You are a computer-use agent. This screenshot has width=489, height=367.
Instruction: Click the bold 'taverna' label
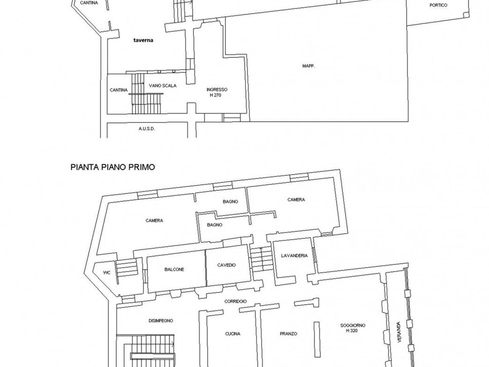click(x=143, y=40)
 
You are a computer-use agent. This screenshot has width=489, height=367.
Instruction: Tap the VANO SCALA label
click(x=163, y=86)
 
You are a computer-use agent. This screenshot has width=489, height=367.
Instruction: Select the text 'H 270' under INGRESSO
click(x=215, y=95)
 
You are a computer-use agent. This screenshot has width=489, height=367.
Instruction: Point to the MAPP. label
click(x=309, y=66)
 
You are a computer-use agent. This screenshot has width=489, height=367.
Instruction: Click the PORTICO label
click(x=438, y=5)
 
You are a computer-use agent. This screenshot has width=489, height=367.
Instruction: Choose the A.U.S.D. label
click(x=147, y=128)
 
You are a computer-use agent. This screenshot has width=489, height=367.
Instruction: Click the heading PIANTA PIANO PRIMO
click(x=113, y=167)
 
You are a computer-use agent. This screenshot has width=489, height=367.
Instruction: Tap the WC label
click(x=107, y=273)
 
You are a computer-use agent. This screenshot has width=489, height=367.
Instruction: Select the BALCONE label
click(x=174, y=270)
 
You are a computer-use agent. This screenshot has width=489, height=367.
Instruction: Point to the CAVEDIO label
click(x=226, y=265)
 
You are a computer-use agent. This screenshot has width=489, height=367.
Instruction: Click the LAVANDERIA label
click(x=294, y=256)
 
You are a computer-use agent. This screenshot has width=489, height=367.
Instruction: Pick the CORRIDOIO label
click(x=235, y=301)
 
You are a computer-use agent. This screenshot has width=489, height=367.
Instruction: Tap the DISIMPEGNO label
click(x=161, y=321)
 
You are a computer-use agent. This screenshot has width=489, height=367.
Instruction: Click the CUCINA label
click(x=233, y=334)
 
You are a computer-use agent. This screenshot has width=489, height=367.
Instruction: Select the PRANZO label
click(x=288, y=334)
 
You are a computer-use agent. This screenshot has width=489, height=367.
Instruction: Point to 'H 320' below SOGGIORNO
click(x=352, y=330)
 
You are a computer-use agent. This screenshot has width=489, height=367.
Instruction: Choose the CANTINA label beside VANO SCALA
click(x=119, y=90)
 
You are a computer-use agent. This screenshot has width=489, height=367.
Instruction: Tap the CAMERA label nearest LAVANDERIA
click(x=296, y=200)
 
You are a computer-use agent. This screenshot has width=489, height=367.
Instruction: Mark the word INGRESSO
click(x=217, y=89)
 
